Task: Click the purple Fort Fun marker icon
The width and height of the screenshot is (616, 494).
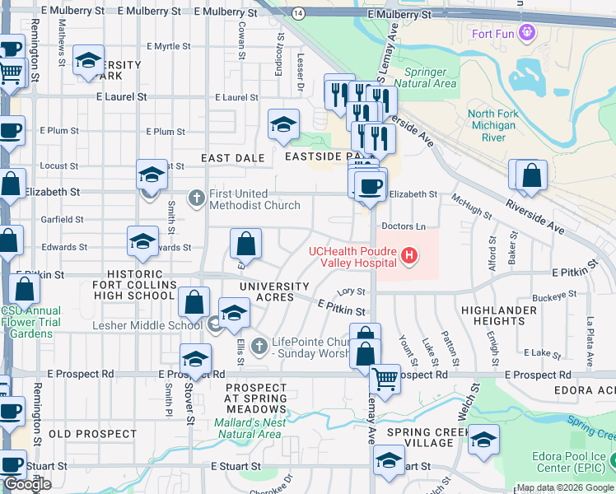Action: coord(528,34)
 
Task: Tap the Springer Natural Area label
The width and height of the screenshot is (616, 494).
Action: coord(425,77)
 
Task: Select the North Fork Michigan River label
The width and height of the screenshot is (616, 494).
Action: coord(492,125)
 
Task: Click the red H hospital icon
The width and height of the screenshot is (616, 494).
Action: coord(409,257)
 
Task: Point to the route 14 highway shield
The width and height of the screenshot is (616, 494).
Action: coord(298,14)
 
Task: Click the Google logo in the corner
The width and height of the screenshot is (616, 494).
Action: coord(27,484)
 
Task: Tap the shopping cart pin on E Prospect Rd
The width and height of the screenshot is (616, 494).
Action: coord(385,379)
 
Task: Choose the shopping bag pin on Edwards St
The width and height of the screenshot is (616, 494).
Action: coord(245,244)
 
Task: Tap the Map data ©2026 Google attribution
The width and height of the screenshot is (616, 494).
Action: coord(565,487)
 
